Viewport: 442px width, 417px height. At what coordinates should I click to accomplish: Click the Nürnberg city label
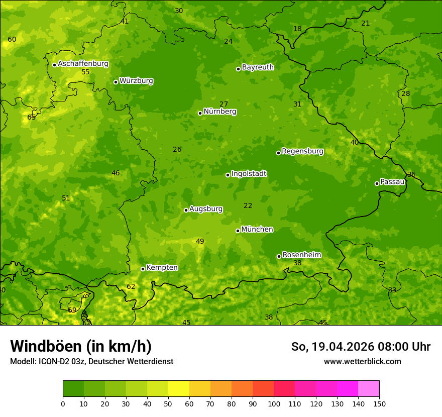[219, 112]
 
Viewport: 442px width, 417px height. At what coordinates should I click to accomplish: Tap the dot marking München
[238, 231]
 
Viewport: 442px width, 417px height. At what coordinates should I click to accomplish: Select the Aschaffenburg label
[83, 64]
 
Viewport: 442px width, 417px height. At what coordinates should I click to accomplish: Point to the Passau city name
[392, 182]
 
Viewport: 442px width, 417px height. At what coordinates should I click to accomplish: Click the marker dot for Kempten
[143, 269]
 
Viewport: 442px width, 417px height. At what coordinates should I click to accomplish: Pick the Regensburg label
[302, 151]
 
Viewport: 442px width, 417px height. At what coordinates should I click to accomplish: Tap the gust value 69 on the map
[72, 310]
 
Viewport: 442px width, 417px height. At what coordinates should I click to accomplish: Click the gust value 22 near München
[248, 205]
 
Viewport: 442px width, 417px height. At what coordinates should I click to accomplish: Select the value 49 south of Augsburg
[200, 242]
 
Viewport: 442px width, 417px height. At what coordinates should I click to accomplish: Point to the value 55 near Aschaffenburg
[85, 72]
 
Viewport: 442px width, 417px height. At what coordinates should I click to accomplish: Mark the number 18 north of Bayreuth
[297, 29]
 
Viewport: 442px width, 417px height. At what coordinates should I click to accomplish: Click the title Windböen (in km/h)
[81, 346]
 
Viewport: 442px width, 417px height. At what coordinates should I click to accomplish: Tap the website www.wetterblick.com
[362, 361]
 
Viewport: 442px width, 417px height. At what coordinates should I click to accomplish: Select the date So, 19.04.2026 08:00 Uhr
[361, 347]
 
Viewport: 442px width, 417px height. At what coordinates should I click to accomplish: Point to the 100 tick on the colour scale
[274, 403]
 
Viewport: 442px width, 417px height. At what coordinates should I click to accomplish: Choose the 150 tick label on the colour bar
[379, 403]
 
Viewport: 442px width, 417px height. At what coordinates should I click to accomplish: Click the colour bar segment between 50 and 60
[179, 389]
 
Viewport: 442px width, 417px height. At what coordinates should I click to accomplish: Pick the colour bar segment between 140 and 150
[369, 389]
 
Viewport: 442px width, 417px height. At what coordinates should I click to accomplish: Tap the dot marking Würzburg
[116, 82]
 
